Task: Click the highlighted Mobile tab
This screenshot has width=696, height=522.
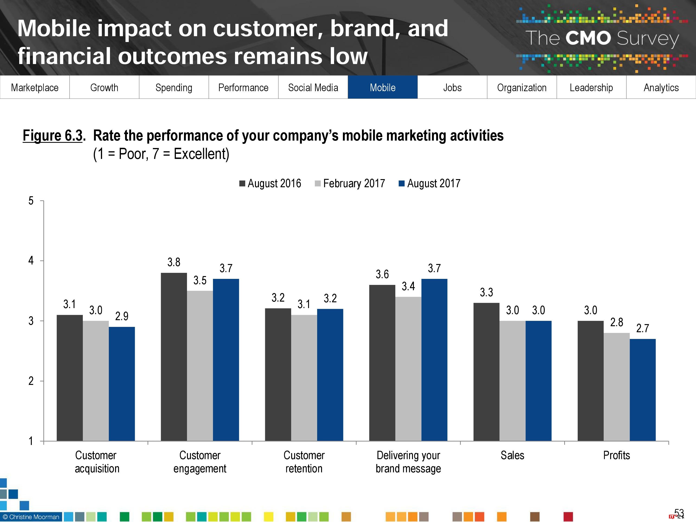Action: coord(382,87)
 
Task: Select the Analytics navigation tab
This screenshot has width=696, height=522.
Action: coord(661,87)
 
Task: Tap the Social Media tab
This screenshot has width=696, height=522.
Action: coord(313,87)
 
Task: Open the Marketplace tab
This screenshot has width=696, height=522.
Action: coord(35,87)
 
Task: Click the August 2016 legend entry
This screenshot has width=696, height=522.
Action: coord(270,184)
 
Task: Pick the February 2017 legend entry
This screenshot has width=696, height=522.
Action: coord(350,184)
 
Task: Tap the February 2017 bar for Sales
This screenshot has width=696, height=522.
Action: coord(512,381)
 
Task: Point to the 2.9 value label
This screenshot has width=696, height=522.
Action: coord(122,316)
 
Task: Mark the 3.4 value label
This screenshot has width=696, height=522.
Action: coord(408,286)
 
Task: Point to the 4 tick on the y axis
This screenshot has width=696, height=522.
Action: coord(31,261)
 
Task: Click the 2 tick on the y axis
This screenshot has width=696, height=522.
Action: coord(31,381)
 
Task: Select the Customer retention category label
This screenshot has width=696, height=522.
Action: coord(304,462)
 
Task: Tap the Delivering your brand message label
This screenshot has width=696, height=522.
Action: coord(408,462)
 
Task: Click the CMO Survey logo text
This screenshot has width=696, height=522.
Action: coord(602,38)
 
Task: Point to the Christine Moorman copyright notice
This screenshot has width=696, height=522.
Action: coord(31,517)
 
